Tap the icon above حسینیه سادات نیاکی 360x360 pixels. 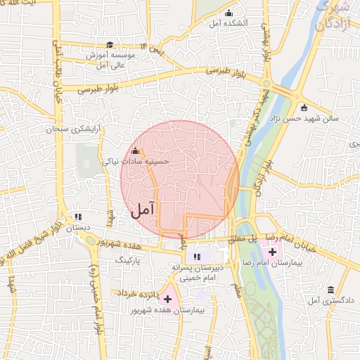(x=135, y=150)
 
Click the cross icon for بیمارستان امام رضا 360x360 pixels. (x=272, y=251)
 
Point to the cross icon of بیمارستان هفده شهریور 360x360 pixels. (x=167, y=299)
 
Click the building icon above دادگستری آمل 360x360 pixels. (x=330, y=290)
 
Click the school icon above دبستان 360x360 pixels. (x=78, y=217)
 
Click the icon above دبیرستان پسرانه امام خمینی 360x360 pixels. (x=198, y=257)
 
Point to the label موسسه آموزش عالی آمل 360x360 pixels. (x=105, y=60)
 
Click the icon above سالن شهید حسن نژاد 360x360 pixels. (x=304, y=108)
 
